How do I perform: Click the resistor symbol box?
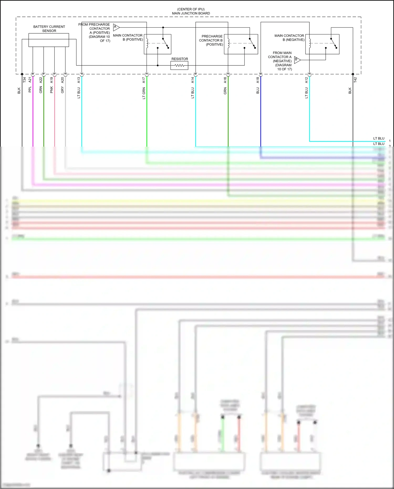click(x=179, y=65)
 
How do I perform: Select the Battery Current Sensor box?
click(x=49, y=40)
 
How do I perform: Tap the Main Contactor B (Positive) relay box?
click(x=157, y=44)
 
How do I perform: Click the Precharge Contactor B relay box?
click(x=241, y=44)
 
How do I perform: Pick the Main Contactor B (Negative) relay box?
click(x=322, y=44)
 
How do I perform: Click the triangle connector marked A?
click(x=116, y=27)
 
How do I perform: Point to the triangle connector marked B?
click(x=297, y=60)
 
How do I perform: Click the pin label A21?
click(x=30, y=80)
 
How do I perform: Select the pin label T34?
click(x=24, y=80)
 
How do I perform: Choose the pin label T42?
click(x=355, y=80)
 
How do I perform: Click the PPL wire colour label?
click(x=30, y=90)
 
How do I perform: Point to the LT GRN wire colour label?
click(x=144, y=93)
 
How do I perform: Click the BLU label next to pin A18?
click(x=258, y=91)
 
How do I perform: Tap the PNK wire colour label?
click(x=51, y=90)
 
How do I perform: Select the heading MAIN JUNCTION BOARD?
click(x=191, y=13)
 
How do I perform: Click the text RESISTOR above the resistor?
click(x=180, y=59)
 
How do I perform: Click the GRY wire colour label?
click(x=63, y=90)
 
